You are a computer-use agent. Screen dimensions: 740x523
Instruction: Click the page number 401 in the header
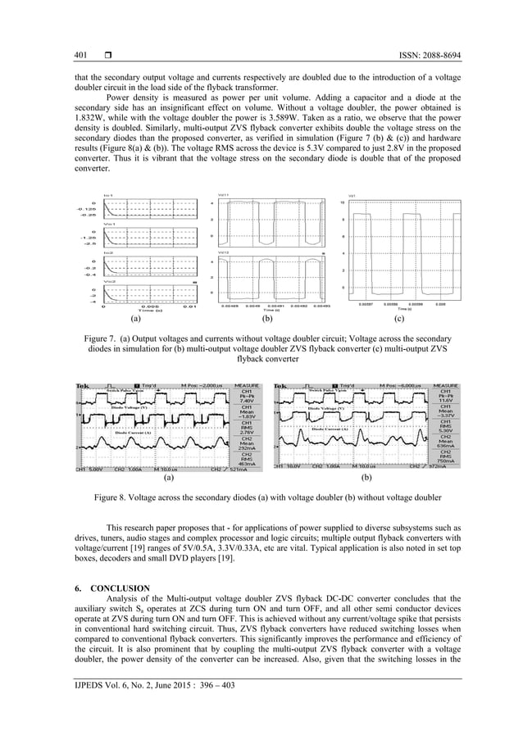click(x=80, y=54)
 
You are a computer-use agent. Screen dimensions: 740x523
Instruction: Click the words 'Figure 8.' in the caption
click(x=112, y=497)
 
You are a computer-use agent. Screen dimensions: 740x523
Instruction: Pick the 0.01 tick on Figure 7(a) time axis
click(x=188, y=306)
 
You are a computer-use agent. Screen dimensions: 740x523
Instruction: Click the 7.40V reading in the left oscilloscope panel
click(x=246, y=401)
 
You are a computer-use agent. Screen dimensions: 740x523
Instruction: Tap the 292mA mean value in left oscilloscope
click(x=246, y=449)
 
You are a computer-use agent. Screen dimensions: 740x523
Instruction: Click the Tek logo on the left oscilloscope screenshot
click(x=83, y=385)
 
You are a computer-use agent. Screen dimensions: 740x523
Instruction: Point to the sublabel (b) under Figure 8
click(x=366, y=476)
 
